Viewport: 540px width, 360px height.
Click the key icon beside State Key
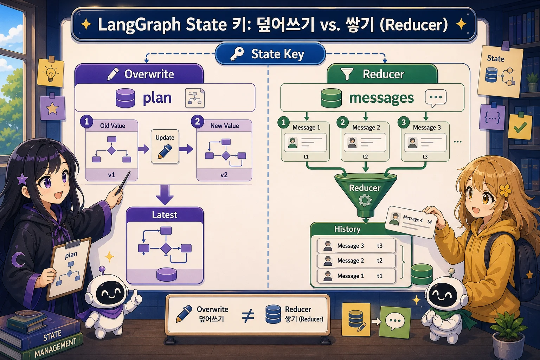pos(237,54)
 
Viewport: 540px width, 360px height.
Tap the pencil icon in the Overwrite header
pos(113,74)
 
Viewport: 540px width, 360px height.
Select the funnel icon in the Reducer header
pos(347,74)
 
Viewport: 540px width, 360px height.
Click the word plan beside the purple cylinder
pos(157,98)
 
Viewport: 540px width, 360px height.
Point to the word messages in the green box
pos(381,98)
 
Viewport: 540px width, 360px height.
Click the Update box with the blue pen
pos(165,147)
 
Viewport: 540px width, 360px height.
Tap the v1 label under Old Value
pos(111,175)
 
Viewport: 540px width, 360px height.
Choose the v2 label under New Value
pos(224,175)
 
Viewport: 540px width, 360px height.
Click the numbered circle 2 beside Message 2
pos(342,122)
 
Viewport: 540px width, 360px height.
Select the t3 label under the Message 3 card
pos(425,157)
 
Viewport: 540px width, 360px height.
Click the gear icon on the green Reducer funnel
pos(365,200)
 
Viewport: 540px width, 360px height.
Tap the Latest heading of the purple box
pos(165,214)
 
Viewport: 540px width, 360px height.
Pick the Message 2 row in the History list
pos(356,261)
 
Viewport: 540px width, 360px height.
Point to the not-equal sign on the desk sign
pos(248,316)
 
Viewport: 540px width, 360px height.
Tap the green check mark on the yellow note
pos(520,127)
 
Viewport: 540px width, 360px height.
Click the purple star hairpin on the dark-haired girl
pos(22,179)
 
